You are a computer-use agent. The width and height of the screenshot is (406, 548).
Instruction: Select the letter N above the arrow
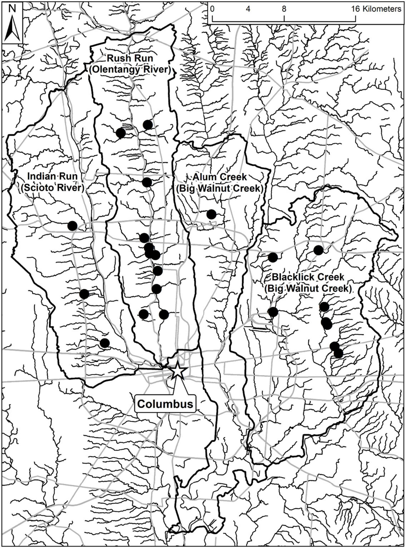coord(12,9)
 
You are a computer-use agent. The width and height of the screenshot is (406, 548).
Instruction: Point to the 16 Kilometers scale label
coord(376,9)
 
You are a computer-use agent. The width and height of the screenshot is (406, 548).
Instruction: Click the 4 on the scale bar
coord(248,9)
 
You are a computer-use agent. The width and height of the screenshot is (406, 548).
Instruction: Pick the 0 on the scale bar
coord(212,9)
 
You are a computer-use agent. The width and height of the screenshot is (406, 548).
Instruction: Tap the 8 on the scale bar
coord(284,9)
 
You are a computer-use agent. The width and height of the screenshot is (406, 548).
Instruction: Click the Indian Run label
coord(52,176)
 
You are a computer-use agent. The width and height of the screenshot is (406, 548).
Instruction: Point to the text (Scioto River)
coord(52,188)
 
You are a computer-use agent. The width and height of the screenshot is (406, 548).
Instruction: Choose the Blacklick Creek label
coord(308,277)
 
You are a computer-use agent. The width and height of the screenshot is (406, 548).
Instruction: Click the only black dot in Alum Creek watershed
coord(211,214)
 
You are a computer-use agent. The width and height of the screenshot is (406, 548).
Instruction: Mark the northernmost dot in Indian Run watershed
coord(72,226)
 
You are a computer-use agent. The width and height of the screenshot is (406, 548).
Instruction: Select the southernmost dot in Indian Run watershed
coord(105,343)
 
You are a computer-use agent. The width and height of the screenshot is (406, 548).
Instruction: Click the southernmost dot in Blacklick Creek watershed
coord(338,354)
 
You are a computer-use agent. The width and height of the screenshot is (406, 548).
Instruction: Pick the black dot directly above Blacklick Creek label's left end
coord(273,257)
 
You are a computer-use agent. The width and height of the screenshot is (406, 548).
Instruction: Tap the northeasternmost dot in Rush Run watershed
coord(148,125)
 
